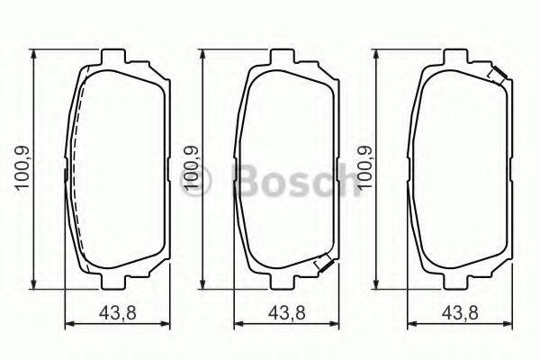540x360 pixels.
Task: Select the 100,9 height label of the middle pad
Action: click(191, 169)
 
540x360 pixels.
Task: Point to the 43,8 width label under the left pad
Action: click(117, 314)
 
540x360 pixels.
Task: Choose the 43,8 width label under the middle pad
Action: click(288, 314)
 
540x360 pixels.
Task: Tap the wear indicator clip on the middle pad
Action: click(323, 265)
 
